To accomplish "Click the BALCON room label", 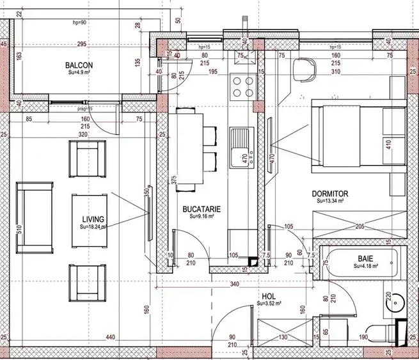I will click(x=79, y=65).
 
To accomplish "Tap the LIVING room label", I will click(x=91, y=219).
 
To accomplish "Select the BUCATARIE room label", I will click(x=202, y=209).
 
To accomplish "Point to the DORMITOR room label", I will click(x=329, y=193).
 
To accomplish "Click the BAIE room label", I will click(x=365, y=259).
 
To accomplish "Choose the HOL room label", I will click(x=269, y=297).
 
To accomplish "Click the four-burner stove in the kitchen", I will click(x=242, y=87).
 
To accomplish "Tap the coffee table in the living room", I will click(x=88, y=220).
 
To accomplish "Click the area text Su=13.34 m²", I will click(x=331, y=200).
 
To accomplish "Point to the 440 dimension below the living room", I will click(x=110, y=337).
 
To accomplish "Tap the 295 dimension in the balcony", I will click(x=81, y=44).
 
